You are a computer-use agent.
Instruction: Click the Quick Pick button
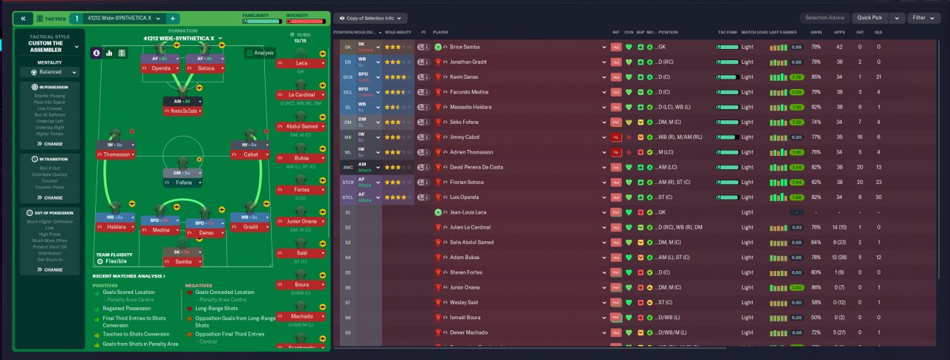point(870,18)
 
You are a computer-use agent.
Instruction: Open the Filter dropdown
point(924,18)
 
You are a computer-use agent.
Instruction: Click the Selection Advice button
point(825,18)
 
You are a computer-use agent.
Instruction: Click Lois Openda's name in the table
point(465,197)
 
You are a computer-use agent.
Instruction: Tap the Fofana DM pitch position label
point(183,182)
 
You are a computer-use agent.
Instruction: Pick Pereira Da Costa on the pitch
point(183,111)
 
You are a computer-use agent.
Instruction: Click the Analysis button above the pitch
point(261,53)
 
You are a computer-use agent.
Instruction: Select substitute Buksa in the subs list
point(301,158)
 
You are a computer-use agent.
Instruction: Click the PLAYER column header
point(441,33)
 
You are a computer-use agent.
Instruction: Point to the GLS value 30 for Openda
point(879,197)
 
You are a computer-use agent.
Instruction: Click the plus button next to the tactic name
point(173,18)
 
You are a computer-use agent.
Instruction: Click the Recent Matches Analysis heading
point(128,276)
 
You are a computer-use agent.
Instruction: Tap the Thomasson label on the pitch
point(117,154)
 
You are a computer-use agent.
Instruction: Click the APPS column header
point(839,33)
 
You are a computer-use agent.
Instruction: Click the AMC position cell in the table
point(348,167)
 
